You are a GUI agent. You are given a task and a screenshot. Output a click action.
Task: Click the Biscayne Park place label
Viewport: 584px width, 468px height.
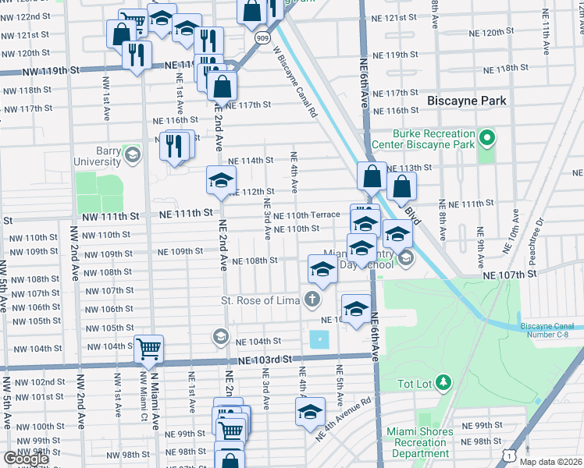pyautogui.click(x=466, y=101)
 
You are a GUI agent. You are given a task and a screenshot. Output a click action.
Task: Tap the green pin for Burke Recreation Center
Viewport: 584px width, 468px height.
pyautogui.click(x=487, y=139)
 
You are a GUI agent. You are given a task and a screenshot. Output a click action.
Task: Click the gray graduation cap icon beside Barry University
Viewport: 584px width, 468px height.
pyautogui.click(x=131, y=152)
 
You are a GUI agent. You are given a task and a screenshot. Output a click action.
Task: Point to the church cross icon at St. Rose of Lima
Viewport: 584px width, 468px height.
pyautogui.click(x=312, y=300)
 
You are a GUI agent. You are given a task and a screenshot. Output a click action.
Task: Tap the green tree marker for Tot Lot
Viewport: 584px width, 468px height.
pyautogui.click(x=443, y=382)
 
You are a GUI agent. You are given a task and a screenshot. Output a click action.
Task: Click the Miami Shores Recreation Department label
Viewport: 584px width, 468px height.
pyautogui.click(x=420, y=443)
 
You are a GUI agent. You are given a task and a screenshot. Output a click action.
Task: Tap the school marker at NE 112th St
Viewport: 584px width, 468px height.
pyautogui.click(x=221, y=180)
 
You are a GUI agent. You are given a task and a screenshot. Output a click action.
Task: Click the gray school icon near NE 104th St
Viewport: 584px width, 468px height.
pyautogui.click(x=221, y=337)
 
